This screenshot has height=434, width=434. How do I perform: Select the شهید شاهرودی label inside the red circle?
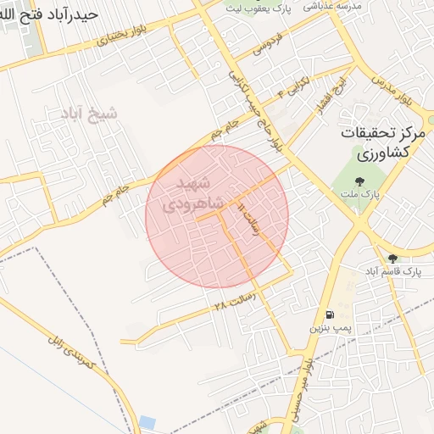click(201, 194)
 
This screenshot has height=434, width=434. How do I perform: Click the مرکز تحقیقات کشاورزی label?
click(387, 143)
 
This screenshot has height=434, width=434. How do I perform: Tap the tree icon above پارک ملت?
click(360, 181)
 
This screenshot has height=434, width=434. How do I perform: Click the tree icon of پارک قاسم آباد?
click(392, 259)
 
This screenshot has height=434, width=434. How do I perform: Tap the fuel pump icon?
click(329, 314)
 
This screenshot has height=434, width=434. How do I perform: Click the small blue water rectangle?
click(147, 422)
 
